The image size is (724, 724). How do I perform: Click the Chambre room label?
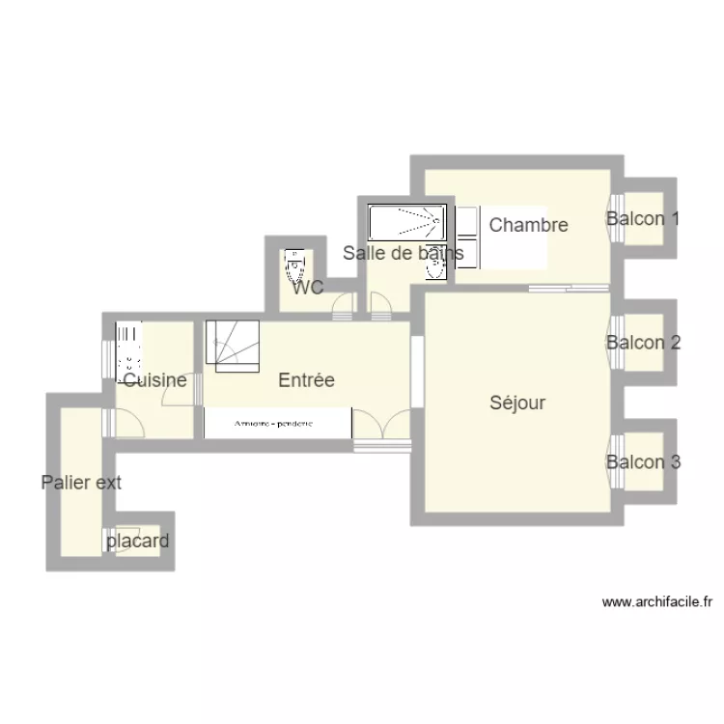pos(528,226)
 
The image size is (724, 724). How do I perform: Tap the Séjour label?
pos(516,404)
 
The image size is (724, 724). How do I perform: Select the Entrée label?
pos(306,380)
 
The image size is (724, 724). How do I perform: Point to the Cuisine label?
pos(155,380)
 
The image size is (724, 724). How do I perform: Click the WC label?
pos(307,287)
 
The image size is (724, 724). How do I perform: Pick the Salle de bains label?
pos(404,254)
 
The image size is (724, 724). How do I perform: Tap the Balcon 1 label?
pos(643,219)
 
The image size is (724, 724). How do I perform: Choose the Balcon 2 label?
pos(643,343)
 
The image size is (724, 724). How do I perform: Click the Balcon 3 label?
pos(643,462)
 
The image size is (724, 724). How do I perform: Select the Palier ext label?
pos(81,483)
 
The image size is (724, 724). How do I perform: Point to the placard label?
pos(138,541)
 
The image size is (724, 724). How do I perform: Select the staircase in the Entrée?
pos(232,345)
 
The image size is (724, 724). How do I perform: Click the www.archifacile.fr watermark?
pos(656,601)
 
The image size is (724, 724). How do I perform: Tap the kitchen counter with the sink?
pos(127,349)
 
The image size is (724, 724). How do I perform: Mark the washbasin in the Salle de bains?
pos(435,269)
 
